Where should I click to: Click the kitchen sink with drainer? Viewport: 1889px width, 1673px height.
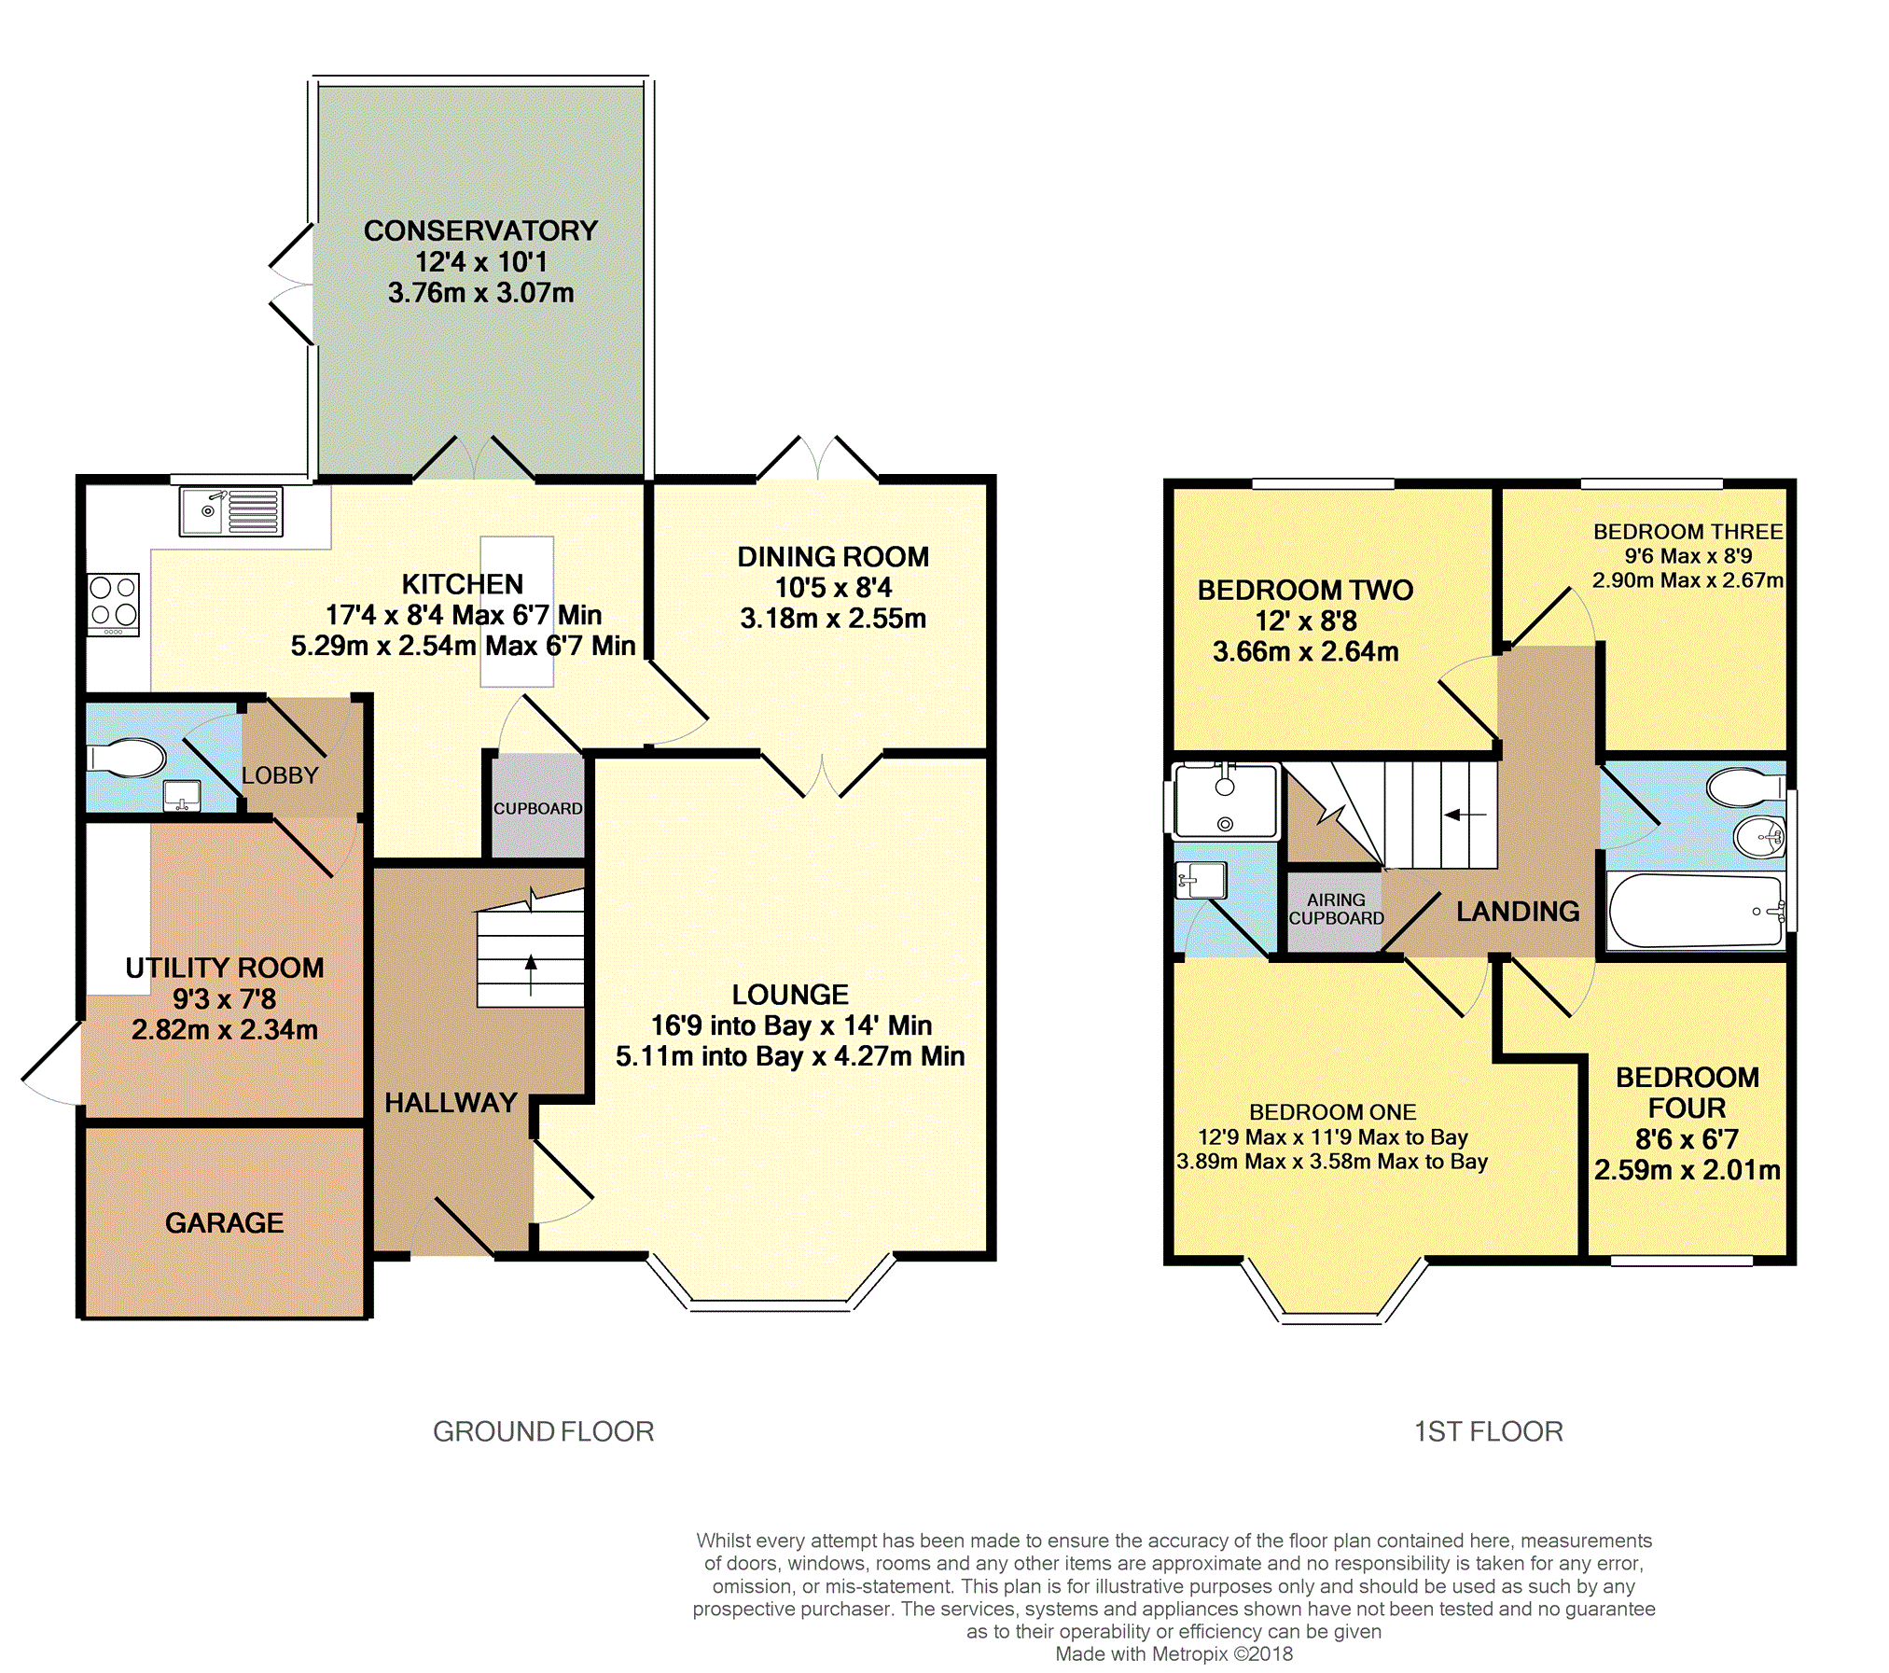coord(231,511)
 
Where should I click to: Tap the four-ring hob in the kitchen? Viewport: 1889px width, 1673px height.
coord(114,604)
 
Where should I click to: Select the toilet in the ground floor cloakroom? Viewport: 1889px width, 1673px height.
coord(127,758)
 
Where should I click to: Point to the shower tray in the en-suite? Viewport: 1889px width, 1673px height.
coord(1226,800)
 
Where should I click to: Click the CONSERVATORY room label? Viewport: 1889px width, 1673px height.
coord(480,230)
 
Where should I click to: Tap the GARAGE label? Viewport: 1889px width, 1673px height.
coord(224,1222)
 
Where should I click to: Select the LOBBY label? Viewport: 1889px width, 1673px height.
coord(280,775)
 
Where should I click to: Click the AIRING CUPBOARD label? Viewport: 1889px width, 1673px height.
coord(1336,909)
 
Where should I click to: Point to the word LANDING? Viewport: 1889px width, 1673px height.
coord(1518,911)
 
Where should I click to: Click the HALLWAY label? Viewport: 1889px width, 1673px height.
coord(451,1103)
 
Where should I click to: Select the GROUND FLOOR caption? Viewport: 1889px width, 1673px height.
coord(544,1431)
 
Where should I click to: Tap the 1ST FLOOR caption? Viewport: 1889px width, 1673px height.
coord(1489,1431)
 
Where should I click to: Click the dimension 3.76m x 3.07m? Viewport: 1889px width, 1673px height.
coord(480,293)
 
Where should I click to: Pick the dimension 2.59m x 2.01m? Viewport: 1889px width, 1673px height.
coord(1688,1170)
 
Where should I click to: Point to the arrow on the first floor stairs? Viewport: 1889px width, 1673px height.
coord(1465,815)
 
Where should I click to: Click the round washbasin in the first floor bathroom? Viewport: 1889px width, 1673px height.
coord(1759,836)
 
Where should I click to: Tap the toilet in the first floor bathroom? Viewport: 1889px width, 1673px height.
coord(1745,787)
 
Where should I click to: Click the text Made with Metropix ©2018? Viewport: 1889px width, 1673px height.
coord(1174,1654)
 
